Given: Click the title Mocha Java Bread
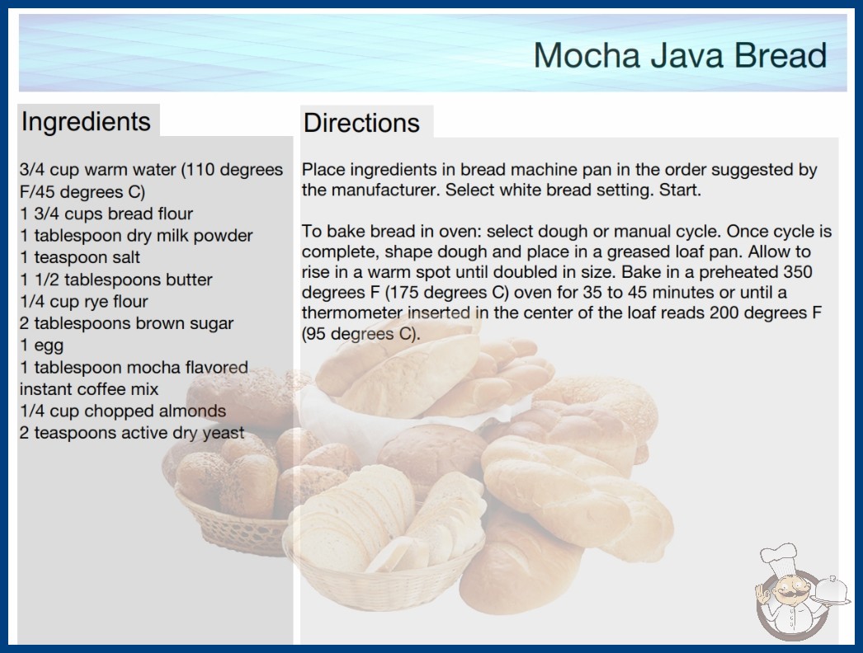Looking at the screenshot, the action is tap(680, 55).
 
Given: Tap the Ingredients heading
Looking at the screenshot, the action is tap(86, 121).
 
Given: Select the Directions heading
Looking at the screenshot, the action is tap(361, 123).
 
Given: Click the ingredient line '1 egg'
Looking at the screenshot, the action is tap(42, 345).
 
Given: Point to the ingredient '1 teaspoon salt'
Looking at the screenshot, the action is tap(80, 257).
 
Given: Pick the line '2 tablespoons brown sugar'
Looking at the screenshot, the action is tap(126, 323).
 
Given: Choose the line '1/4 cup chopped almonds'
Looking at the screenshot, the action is tap(123, 411).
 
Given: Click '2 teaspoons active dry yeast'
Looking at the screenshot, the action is tap(132, 433).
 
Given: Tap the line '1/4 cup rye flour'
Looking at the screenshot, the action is tap(83, 302).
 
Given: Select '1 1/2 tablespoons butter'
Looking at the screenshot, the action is tap(116, 280).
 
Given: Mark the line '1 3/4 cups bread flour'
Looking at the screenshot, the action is tap(106, 214).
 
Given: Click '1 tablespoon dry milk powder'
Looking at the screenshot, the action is tap(136, 236).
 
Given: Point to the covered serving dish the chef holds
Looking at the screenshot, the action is tap(832, 591).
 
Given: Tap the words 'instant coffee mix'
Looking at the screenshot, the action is tap(89, 389).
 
